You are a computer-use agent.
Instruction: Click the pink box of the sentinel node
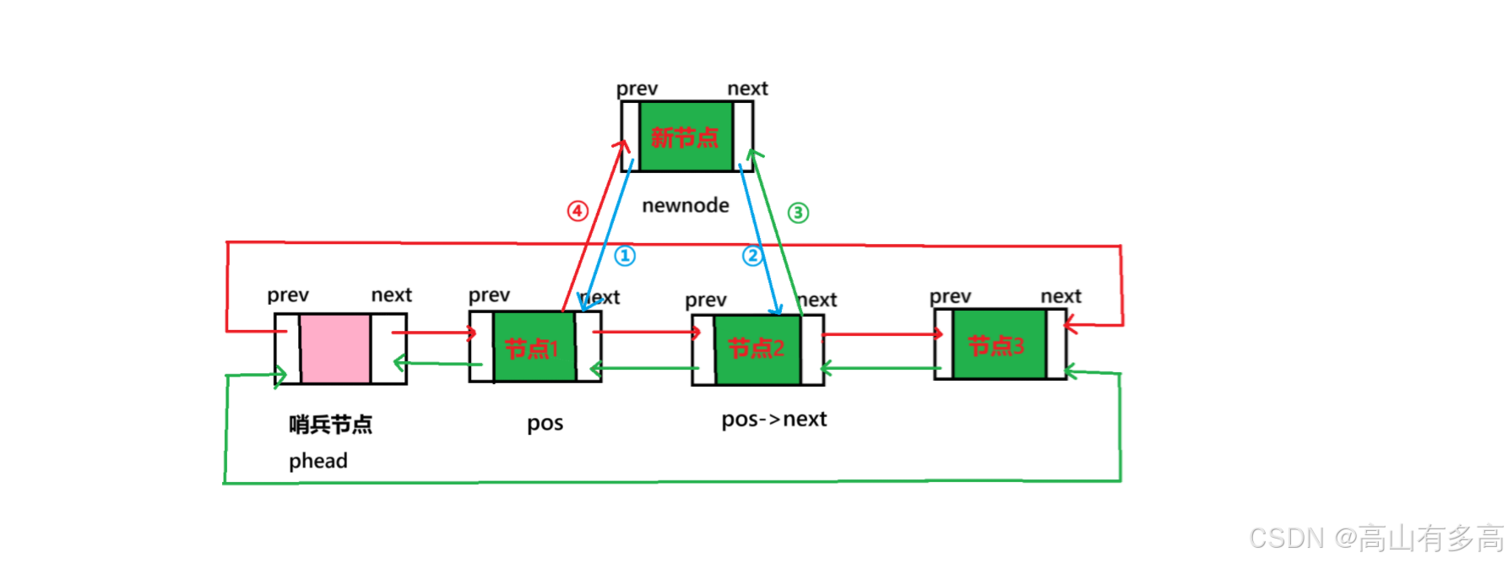[x=335, y=349]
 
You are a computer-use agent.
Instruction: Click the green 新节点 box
[x=686, y=137]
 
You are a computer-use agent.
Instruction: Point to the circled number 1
[x=625, y=255]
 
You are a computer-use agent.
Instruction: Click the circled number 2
[x=752, y=255]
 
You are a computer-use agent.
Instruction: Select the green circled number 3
[x=798, y=213]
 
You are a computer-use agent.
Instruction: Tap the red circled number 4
[x=578, y=210]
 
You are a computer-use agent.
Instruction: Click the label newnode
[x=686, y=205]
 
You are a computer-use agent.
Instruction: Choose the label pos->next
[x=774, y=420]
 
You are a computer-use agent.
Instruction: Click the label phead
[x=318, y=461]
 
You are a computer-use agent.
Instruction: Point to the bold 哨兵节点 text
[x=331, y=424]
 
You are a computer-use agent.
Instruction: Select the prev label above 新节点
[x=637, y=89]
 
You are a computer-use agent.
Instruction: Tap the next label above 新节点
[x=748, y=89]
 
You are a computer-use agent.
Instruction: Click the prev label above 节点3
[x=951, y=296]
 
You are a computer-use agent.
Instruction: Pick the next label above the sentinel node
[x=392, y=295]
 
